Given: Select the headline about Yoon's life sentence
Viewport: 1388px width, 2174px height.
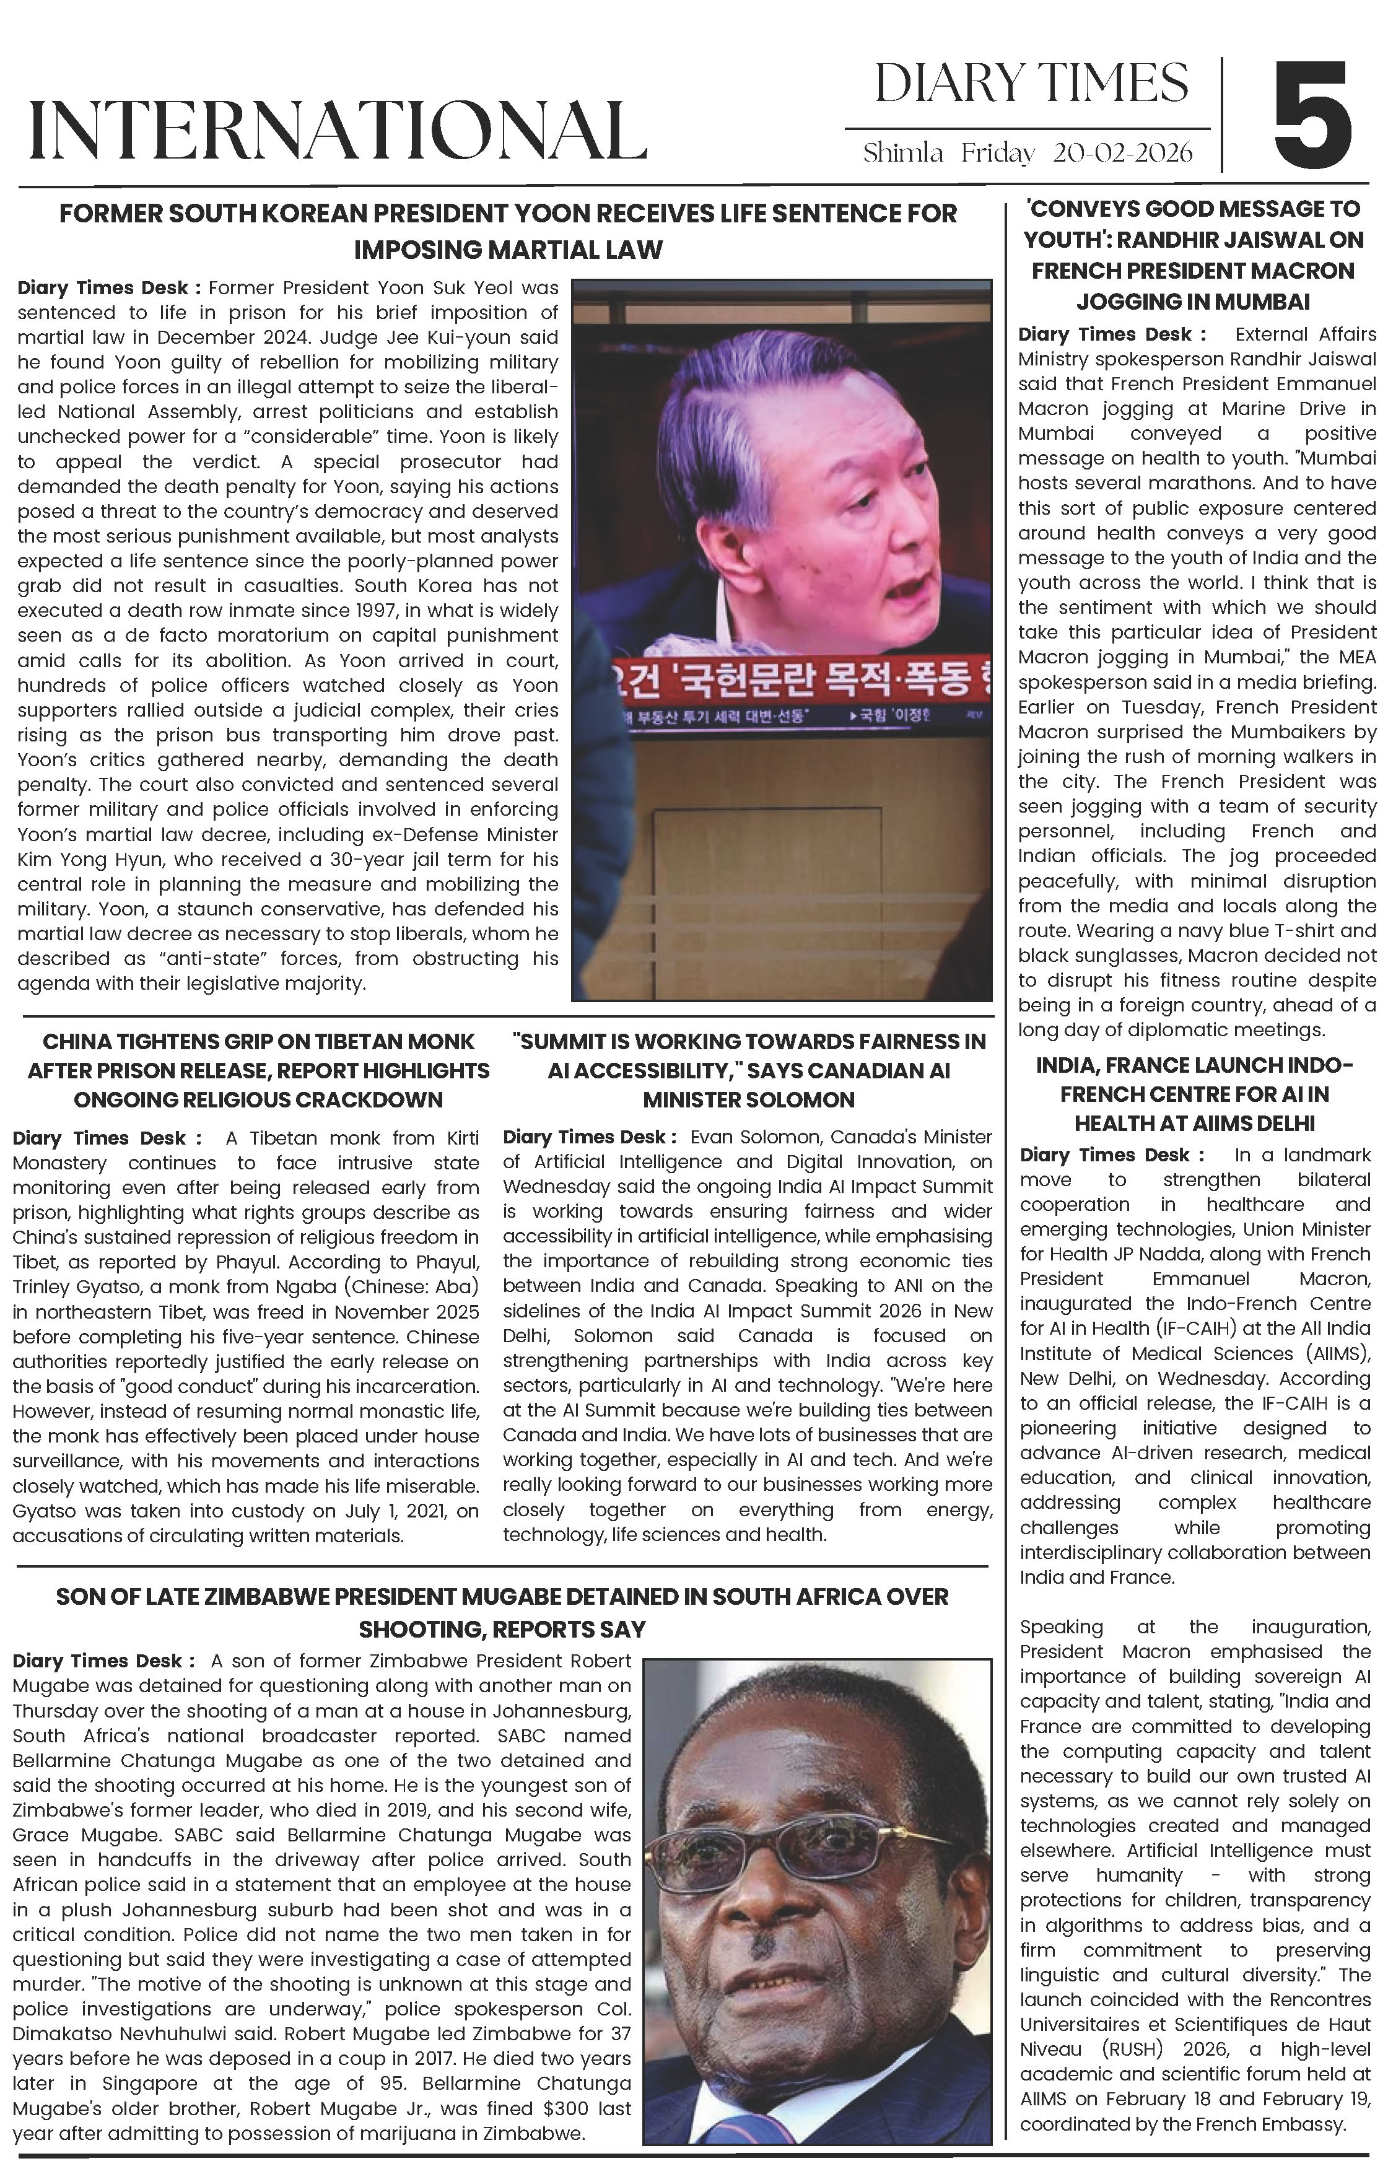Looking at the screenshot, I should point(507,231).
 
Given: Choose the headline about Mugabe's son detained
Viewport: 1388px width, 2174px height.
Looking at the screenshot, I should point(502,1612).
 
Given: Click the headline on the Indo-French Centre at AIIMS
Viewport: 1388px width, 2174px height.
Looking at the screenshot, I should point(1194,1093).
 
